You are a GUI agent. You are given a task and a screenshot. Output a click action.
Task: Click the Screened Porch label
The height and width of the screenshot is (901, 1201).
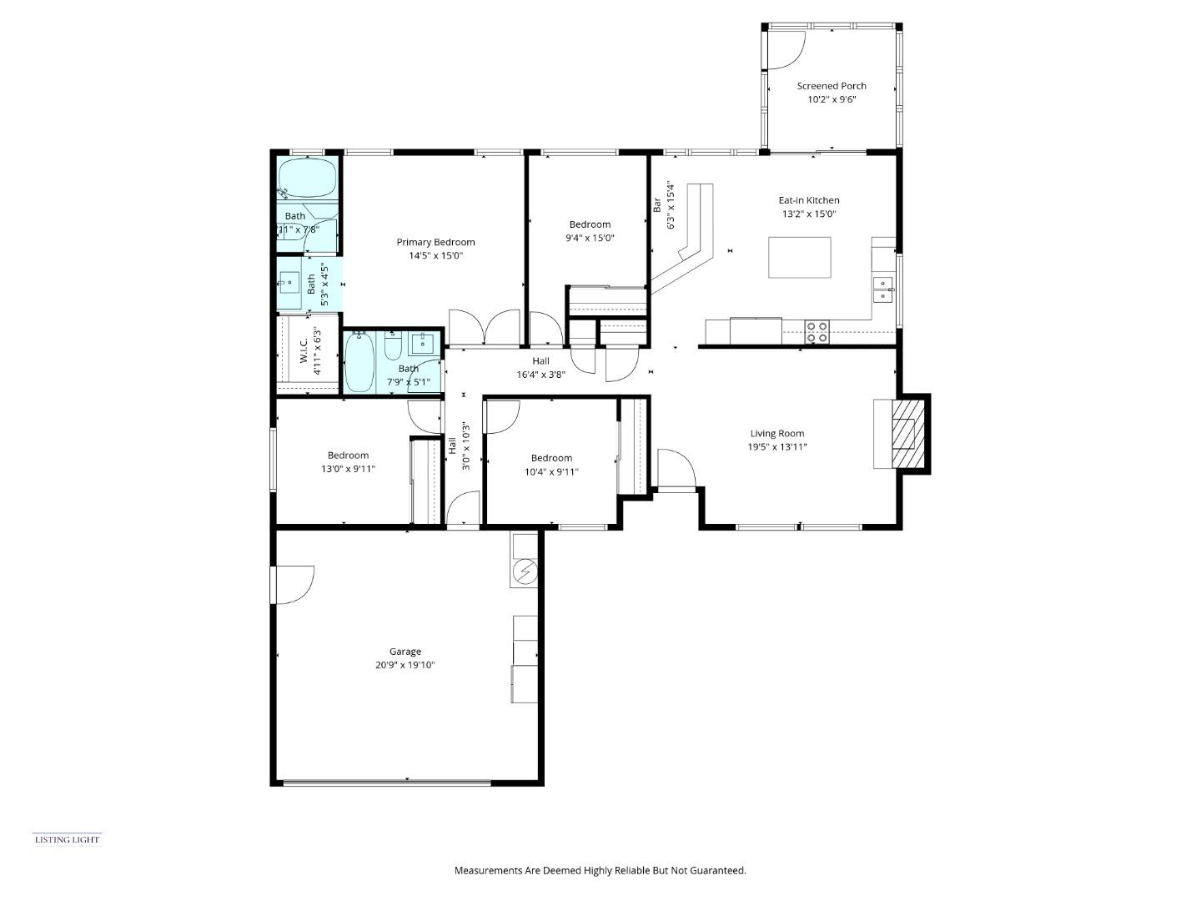(x=831, y=86)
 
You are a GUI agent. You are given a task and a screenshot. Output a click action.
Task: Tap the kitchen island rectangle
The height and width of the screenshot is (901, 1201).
(x=799, y=257)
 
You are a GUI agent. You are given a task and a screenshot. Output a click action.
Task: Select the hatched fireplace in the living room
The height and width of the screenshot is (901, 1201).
(x=903, y=434)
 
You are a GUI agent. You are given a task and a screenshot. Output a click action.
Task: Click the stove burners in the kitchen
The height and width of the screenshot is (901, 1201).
(x=817, y=332)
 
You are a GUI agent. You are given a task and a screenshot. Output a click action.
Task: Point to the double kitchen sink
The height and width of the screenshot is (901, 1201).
(x=882, y=289)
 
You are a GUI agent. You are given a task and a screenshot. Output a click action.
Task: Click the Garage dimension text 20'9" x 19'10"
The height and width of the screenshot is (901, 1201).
(x=405, y=666)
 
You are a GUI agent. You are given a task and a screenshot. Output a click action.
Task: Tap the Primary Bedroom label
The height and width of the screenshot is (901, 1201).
(x=435, y=242)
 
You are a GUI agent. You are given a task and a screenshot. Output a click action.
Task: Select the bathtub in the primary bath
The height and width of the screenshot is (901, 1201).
(x=307, y=178)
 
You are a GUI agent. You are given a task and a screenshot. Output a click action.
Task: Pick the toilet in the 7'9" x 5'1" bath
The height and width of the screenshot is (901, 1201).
(x=394, y=345)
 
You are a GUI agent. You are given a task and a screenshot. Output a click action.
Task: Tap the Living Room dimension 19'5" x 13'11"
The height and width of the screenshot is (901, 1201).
(x=776, y=447)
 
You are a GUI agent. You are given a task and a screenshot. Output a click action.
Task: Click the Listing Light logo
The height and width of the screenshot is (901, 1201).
(x=67, y=839)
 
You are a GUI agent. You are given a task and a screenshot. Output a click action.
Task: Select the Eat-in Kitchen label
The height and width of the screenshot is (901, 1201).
(x=808, y=200)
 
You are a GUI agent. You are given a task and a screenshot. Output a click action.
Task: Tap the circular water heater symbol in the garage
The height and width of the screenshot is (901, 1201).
(x=525, y=572)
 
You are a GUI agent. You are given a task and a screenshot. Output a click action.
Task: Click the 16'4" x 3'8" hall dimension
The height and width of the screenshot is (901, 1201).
(x=540, y=375)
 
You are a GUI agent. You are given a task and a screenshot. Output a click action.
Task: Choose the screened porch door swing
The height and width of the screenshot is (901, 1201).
(x=784, y=50)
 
